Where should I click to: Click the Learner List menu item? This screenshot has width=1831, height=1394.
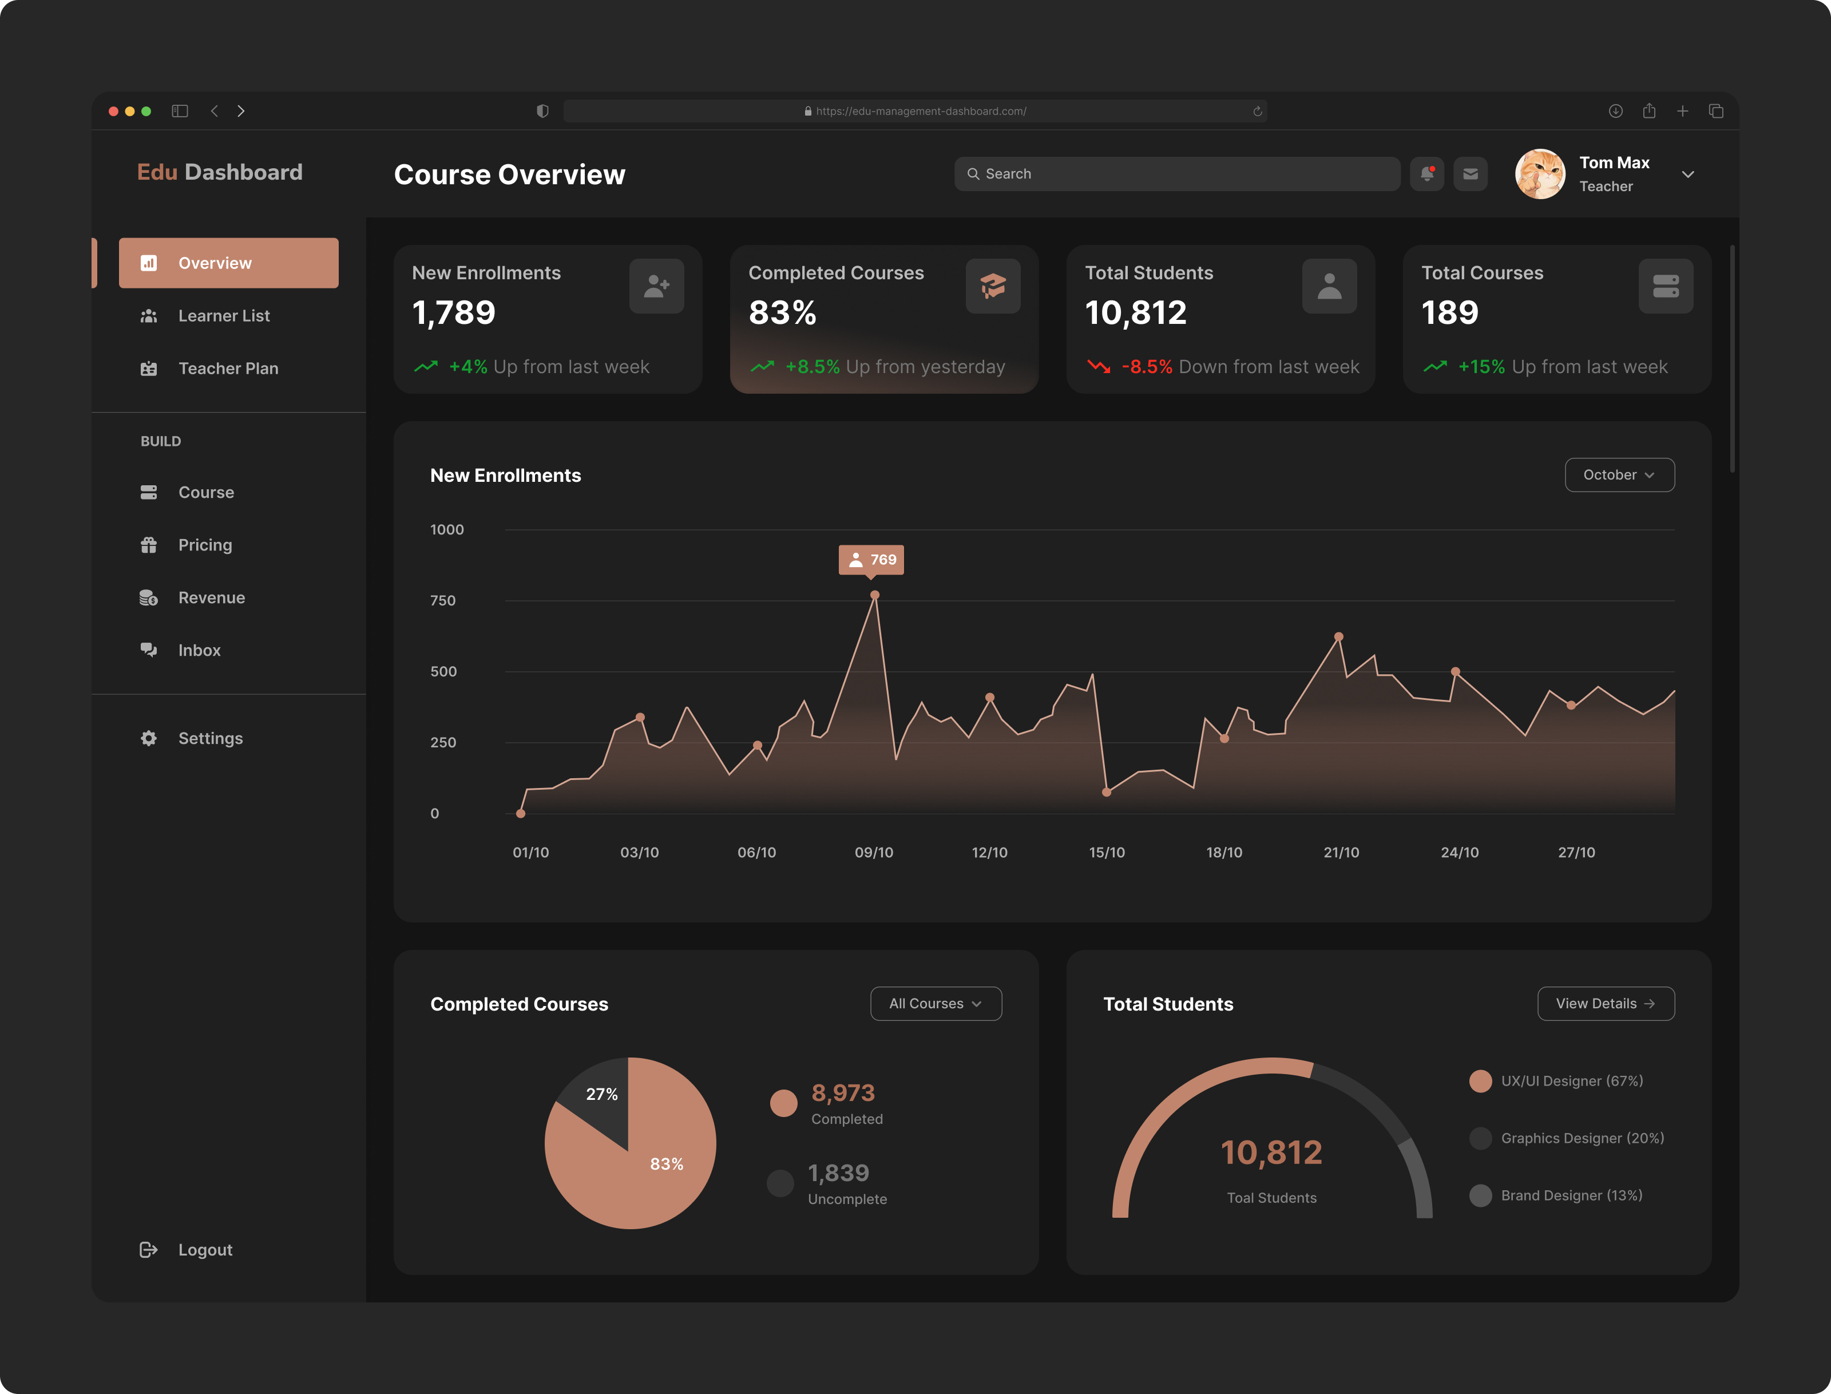coord(223,316)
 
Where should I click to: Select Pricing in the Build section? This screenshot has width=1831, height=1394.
coord(204,545)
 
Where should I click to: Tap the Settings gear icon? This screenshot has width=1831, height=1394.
coord(149,738)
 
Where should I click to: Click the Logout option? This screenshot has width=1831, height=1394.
coord(204,1250)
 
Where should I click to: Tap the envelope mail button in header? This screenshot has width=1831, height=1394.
coord(1470,174)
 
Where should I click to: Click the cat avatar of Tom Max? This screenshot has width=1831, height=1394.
coord(1540,174)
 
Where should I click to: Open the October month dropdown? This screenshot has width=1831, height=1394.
coord(1619,474)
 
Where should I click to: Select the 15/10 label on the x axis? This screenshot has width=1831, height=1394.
coord(1107,852)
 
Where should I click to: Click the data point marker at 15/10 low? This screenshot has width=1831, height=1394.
coord(1106,793)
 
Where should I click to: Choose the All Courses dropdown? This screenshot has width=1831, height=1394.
coord(935,1004)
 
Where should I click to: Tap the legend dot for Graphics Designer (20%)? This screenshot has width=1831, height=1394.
coord(1480,1138)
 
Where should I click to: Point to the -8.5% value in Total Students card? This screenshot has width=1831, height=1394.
coord(1147,367)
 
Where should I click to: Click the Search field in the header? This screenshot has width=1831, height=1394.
coord(1176,174)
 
